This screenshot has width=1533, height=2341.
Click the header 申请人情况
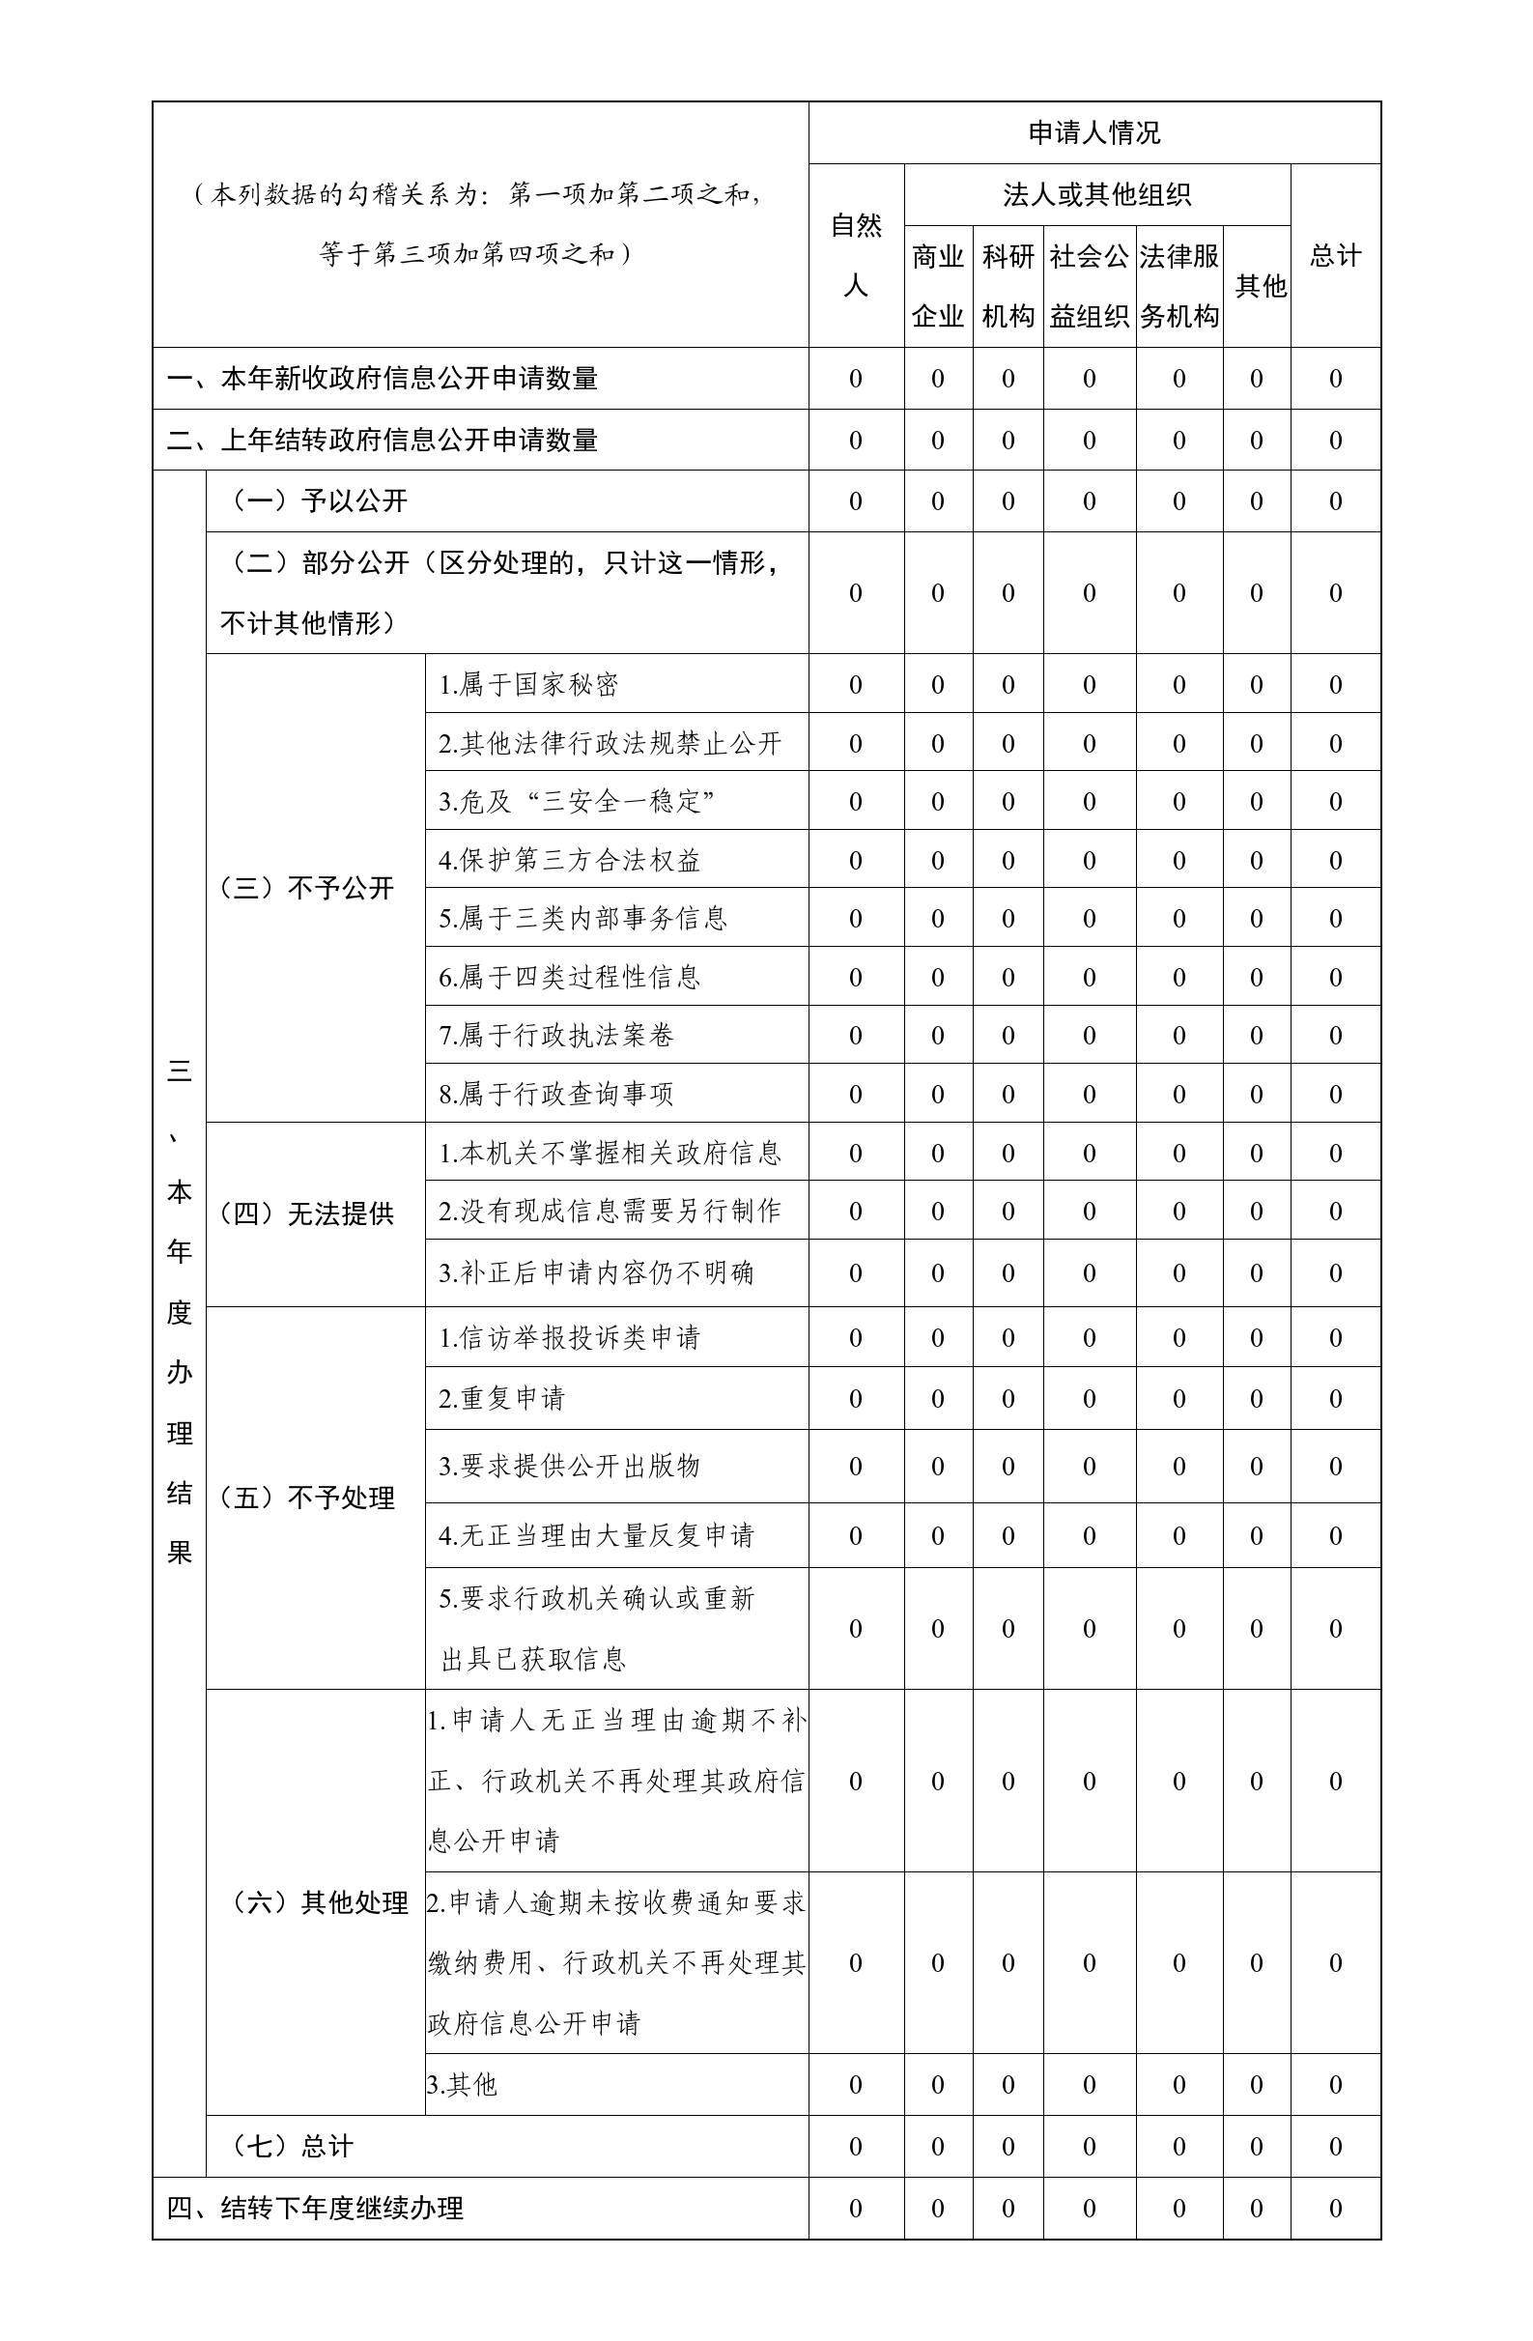1093,132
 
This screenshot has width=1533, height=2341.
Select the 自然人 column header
856,255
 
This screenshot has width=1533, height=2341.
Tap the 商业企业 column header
937,285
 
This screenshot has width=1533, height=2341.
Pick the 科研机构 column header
1008,285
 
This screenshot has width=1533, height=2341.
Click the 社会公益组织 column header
1089,285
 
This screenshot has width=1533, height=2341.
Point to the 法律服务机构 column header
1179,285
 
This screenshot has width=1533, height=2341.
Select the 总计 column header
1335,256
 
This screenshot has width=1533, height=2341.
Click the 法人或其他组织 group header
1096,195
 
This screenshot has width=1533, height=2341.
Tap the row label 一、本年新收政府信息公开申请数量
383,379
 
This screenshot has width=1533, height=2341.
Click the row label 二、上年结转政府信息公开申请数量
383,440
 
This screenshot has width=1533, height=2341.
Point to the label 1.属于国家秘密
528,685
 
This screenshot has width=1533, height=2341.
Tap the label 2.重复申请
501,1398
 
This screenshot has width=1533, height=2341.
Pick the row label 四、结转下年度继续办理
315,2209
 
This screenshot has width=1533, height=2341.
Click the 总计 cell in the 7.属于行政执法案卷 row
1335,1035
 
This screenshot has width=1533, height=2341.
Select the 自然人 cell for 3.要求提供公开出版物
856,1466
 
